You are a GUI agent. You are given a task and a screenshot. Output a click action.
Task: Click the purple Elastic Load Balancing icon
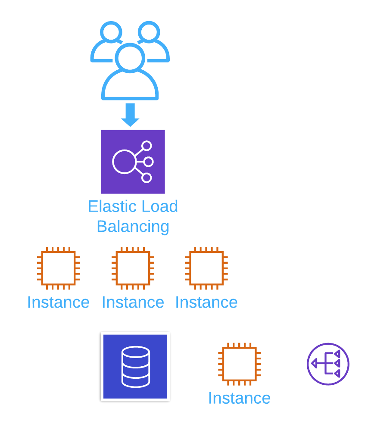pyautogui.click(x=133, y=162)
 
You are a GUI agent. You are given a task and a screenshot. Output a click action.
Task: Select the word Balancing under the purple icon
pyautogui.click(x=133, y=227)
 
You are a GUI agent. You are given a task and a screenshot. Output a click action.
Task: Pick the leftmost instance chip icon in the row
pyautogui.click(x=58, y=268)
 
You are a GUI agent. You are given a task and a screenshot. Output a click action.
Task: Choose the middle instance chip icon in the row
pyautogui.click(x=133, y=268)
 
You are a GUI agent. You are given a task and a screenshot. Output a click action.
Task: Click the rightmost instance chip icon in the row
pyautogui.click(x=206, y=268)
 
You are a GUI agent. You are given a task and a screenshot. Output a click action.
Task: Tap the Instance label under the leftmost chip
pyautogui.click(x=58, y=302)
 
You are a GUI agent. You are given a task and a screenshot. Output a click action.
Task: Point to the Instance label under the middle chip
pyautogui.click(x=133, y=302)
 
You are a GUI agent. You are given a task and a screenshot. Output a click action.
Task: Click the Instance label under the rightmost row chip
pyautogui.click(x=206, y=302)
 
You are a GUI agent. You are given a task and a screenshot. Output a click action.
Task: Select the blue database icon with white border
pyautogui.click(x=135, y=366)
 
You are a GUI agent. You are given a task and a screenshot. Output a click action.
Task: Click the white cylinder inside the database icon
pyautogui.click(x=136, y=367)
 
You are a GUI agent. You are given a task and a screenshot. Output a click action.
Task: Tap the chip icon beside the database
pyautogui.click(x=240, y=364)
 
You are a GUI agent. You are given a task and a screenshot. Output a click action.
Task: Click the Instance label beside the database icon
pyautogui.click(x=240, y=398)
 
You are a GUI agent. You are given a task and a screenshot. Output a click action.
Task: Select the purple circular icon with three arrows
pyautogui.click(x=328, y=364)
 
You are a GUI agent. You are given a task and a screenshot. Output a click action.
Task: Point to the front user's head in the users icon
pyautogui.click(x=130, y=57)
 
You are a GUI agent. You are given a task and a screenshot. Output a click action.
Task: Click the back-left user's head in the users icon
pyautogui.click(x=111, y=32)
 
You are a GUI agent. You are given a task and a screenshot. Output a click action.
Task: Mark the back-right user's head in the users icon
pyautogui.click(x=149, y=32)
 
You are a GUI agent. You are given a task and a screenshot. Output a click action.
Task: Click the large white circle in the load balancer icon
pyautogui.click(x=124, y=162)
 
